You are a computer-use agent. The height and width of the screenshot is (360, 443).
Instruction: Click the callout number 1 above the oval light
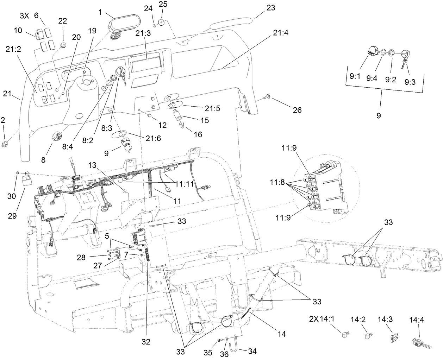point(100,12)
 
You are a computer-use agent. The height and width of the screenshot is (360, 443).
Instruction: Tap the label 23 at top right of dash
point(270,7)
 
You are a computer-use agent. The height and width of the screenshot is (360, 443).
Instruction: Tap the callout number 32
point(146,341)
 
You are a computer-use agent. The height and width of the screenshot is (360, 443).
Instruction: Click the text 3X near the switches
point(24,16)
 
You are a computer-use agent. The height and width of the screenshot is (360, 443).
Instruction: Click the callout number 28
point(81,258)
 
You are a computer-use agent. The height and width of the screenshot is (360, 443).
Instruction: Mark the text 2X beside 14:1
point(313,320)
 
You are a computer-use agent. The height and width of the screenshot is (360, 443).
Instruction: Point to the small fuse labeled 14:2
point(369,335)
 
